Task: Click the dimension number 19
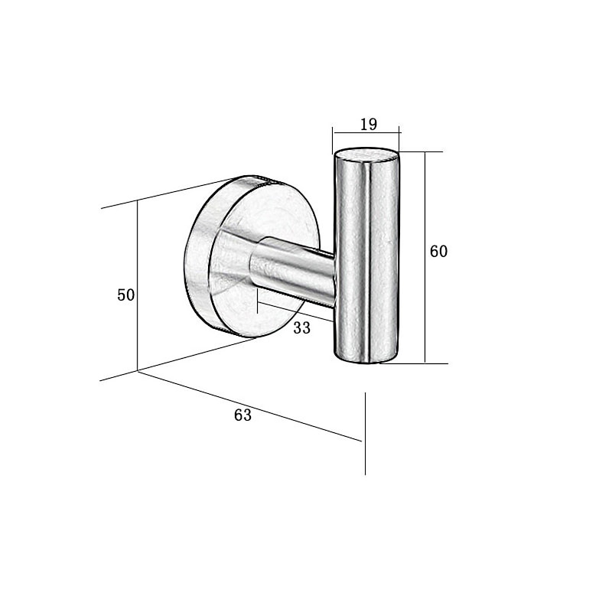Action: coord(369,124)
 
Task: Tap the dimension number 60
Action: coord(438,251)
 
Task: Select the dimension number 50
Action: coord(125,295)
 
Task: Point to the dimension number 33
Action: coord(301,328)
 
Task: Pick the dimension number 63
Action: coord(243,415)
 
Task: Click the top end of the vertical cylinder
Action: coord(366,154)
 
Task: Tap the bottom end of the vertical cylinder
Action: coord(366,358)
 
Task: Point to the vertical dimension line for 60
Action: coord(425,258)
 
